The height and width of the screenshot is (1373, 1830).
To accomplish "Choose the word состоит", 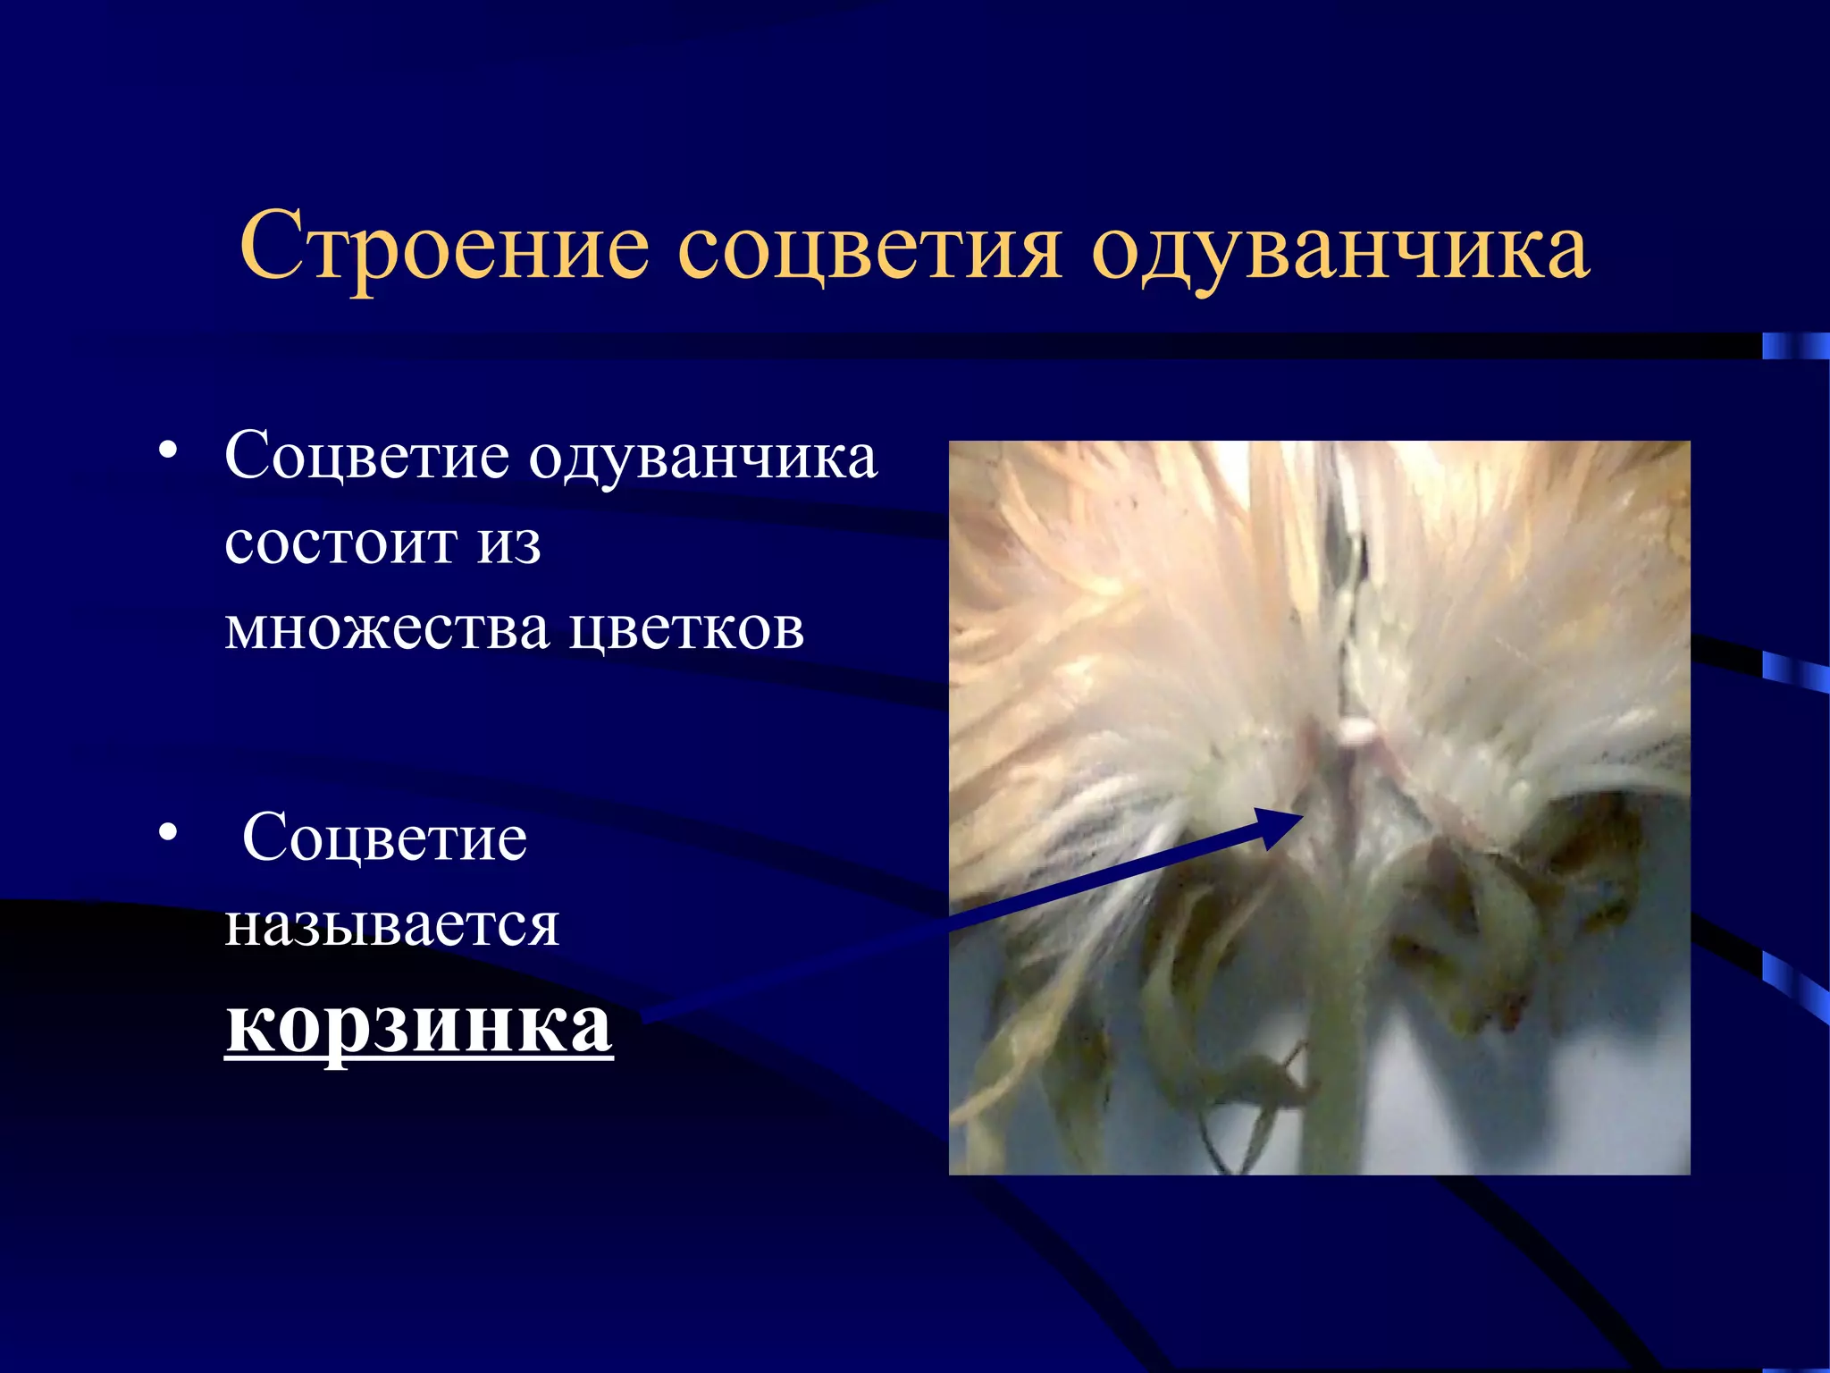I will coord(339,543).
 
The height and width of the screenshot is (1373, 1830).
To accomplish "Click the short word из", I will coord(508,543).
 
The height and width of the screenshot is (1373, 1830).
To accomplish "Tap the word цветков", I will coord(686,628).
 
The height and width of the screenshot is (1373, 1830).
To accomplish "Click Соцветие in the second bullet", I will coord(384,838).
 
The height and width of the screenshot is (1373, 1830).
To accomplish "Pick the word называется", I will coord(391,924).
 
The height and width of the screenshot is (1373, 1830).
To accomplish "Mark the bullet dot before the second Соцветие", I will coord(167,832).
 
